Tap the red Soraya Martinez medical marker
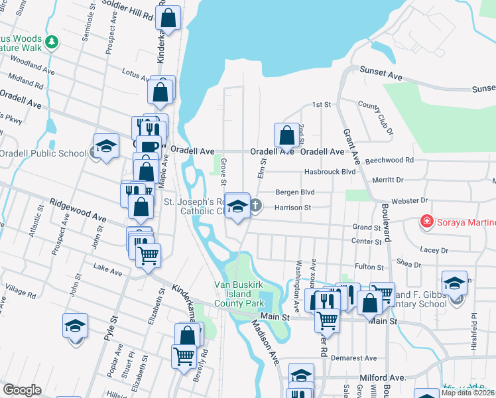(x=428, y=221)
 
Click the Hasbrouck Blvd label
(x=330, y=172)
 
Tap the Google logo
(x=22, y=390)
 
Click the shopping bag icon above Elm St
(x=286, y=135)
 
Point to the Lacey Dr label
(x=434, y=250)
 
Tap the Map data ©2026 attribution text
(x=467, y=392)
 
